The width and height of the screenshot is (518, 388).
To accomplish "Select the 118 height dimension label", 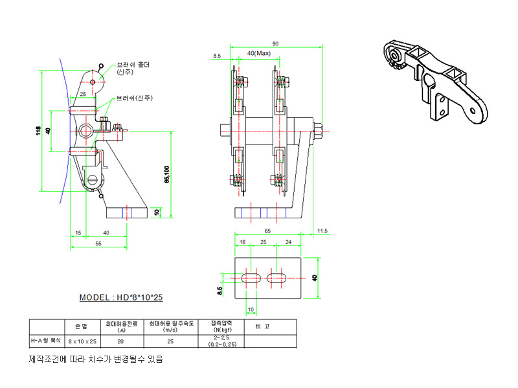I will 39,131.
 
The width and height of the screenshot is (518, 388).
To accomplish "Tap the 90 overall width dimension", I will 276,43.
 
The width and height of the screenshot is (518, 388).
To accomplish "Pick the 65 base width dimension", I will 268,230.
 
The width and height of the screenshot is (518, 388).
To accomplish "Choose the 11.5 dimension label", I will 322,230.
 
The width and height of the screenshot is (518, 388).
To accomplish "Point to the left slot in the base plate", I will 251,277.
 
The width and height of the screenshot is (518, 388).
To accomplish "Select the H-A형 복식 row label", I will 47,341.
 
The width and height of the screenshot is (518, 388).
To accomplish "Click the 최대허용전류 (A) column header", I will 121,326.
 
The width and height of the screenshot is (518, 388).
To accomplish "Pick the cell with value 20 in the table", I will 120,341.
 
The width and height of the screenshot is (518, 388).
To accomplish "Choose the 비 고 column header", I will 261,326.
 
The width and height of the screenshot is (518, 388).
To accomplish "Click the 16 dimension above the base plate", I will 243,242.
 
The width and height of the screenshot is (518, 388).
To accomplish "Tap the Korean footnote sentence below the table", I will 96,358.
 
